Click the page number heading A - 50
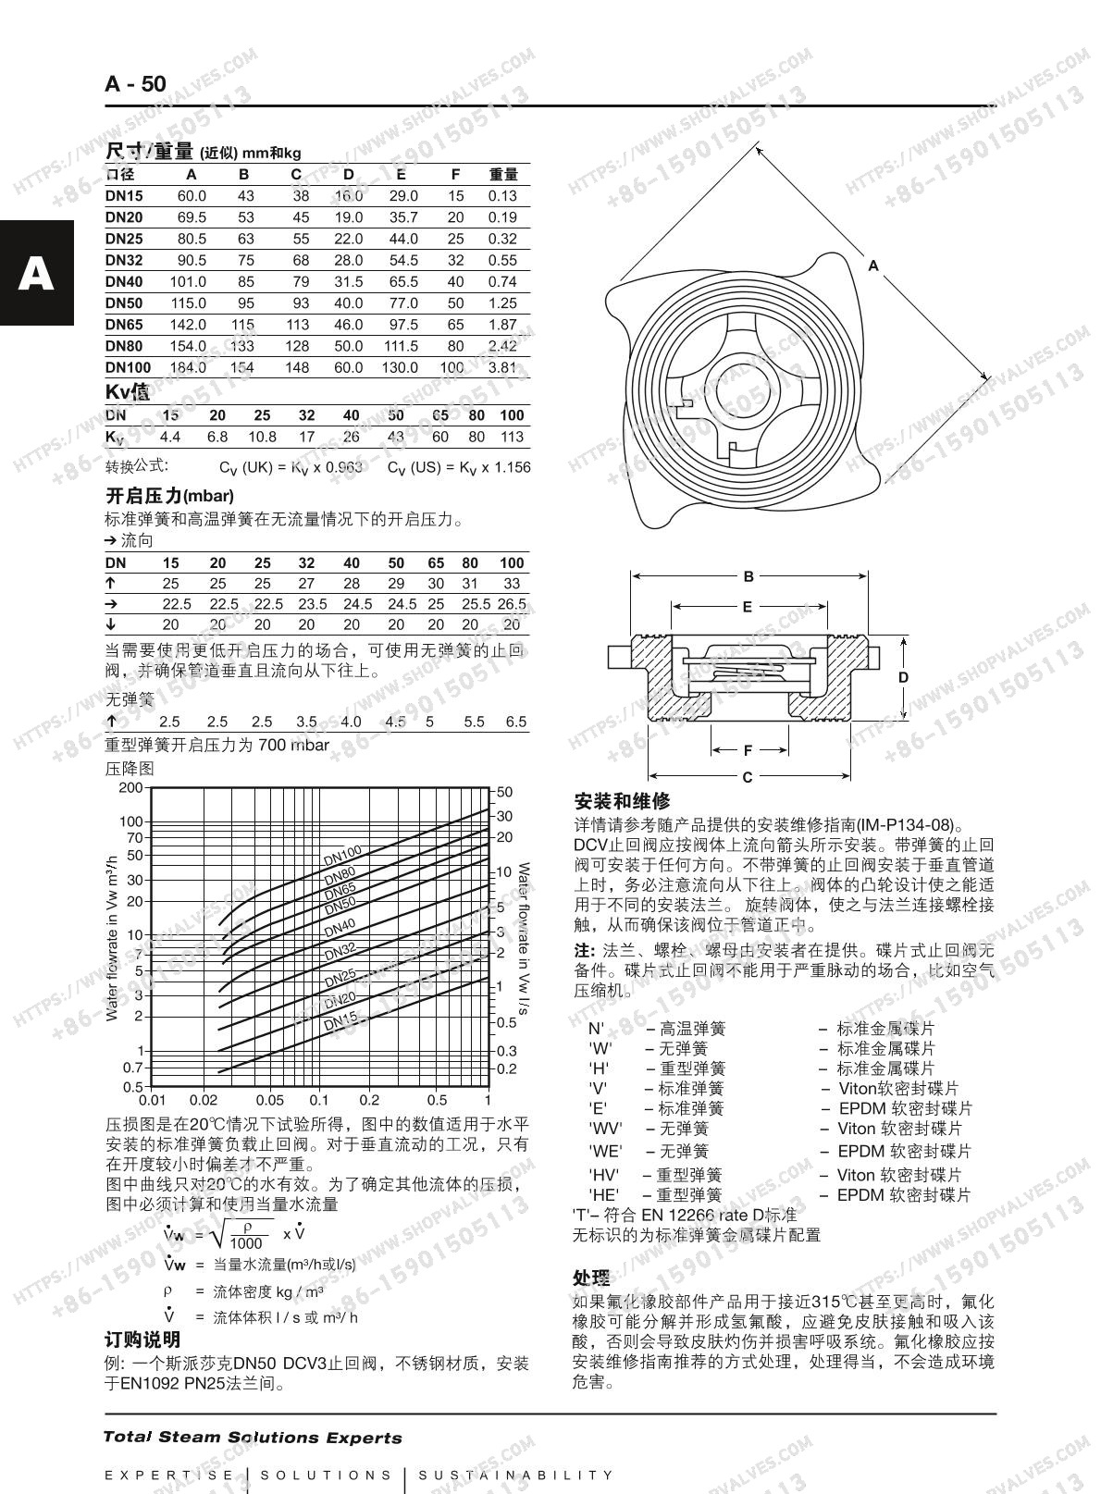[x=135, y=84]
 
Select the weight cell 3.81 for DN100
[x=502, y=367]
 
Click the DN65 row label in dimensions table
[x=124, y=325]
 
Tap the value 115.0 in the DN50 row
[x=188, y=303]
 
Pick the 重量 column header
[x=502, y=174]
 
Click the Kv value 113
[x=512, y=437]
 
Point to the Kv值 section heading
[x=127, y=392]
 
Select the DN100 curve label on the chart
[x=342, y=855]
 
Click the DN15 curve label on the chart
[x=340, y=1021]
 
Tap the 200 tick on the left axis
[x=131, y=788]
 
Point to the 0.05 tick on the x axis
[x=269, y=1101]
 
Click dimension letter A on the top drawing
[x=872, y=265]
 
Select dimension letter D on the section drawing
[x=903, y=677]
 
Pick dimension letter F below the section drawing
[x=748, y=751]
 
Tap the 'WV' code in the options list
[x=605, y=1129]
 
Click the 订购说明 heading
[x=142, y=1340]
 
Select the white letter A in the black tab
[x=36, y=274]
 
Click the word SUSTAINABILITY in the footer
[x=515, y=1475]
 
